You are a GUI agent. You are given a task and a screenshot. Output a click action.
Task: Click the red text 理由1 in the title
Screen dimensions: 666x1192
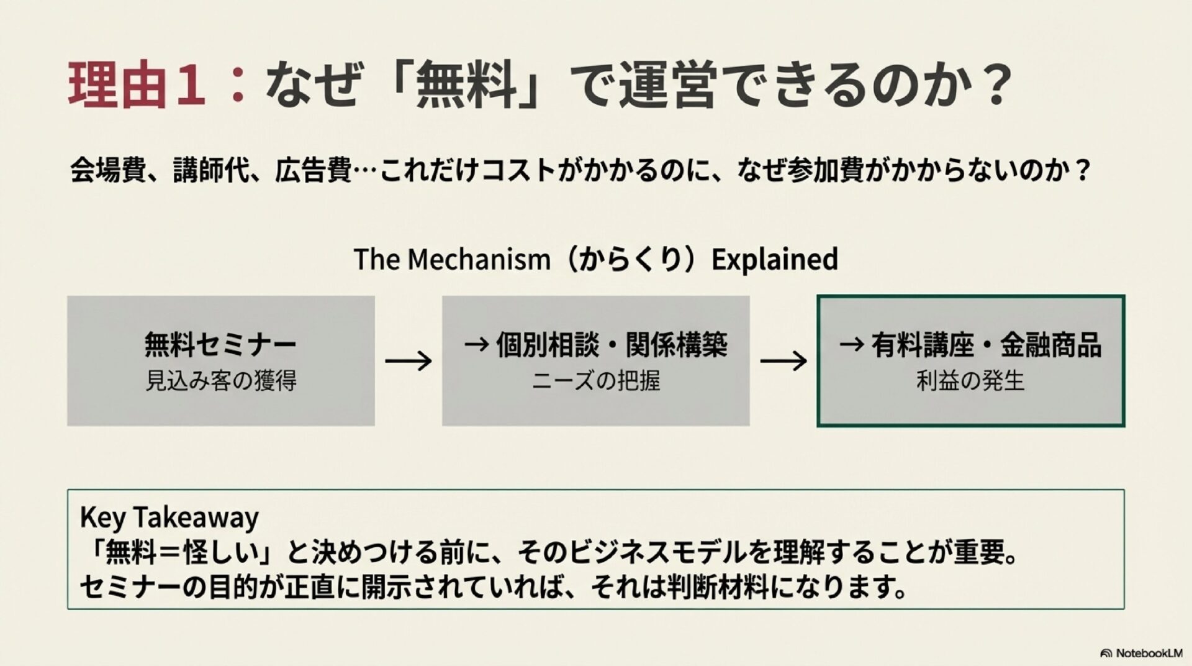pyautogui.click(x=137, y=85)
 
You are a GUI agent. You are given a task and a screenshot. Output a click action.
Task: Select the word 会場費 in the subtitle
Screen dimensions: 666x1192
pyautogui.click(x=107, y=170)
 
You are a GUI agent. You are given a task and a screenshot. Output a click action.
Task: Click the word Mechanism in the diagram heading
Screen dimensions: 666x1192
pyautogui.click(x=479, y=259)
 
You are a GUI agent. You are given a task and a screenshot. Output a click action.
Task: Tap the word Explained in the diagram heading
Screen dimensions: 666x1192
pyautogui.click(x=774, y=259)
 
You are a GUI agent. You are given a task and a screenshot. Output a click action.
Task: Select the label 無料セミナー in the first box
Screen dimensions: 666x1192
pyautogui.click(x=220, y=344)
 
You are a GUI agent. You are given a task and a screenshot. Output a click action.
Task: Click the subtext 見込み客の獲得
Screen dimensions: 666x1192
pyautogui.click(x=221, y=381)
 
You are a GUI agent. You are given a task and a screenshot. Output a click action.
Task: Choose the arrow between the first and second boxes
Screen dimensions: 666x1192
pyautogui.click(x=408, y=361)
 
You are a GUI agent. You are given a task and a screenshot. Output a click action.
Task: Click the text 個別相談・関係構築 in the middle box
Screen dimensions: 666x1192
pyautogui.click(x=611, y=345)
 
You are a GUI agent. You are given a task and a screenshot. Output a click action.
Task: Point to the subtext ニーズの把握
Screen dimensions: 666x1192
pyautogui.click(x=595, y=381)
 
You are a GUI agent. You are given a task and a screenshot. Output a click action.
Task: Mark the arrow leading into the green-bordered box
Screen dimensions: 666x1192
pyautogui.click(x=783, y=361)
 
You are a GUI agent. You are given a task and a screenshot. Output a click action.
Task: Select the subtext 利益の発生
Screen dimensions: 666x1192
pyautogui.click(x=970, y=381)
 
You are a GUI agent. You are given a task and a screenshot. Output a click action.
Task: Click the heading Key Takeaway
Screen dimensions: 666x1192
pyautogui.click(x=169, y=517)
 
